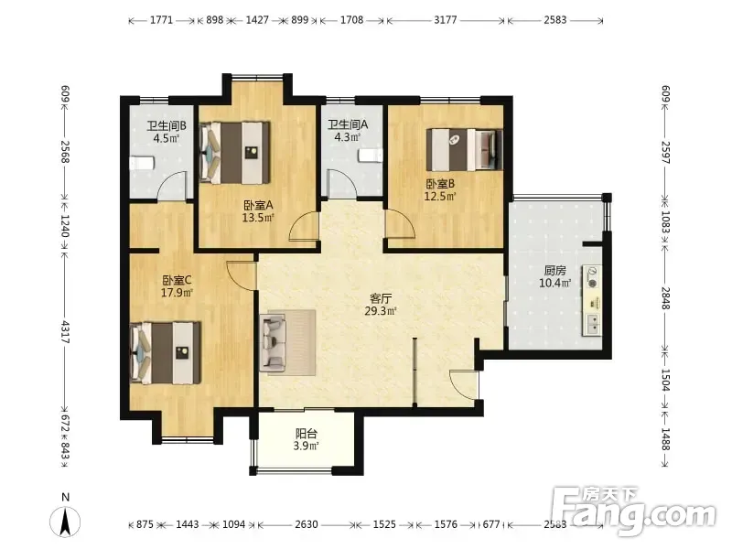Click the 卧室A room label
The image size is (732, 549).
(258, 205)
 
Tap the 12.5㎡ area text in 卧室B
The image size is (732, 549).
(440, 196)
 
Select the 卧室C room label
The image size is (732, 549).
(177, 280)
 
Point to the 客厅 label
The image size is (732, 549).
(381, 298)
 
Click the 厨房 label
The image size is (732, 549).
(555, 270)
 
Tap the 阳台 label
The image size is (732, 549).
(307, 433)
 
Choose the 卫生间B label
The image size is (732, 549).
(167, 125)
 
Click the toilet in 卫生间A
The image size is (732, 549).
(371, 156)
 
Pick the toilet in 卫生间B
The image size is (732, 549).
(142, 164)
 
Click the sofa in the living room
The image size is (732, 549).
(274, 343)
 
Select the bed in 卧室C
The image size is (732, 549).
(166, 352)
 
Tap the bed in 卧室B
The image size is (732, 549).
(465, 149)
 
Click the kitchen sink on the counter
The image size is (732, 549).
(592, 324)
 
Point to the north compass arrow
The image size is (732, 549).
(65, 521)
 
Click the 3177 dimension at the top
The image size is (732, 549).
(446, 20)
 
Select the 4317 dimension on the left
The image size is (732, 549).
(65, 332)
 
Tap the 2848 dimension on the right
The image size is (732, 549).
(666, 298)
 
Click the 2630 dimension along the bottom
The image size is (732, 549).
(307, 524)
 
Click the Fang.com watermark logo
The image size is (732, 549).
(632, 511)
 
